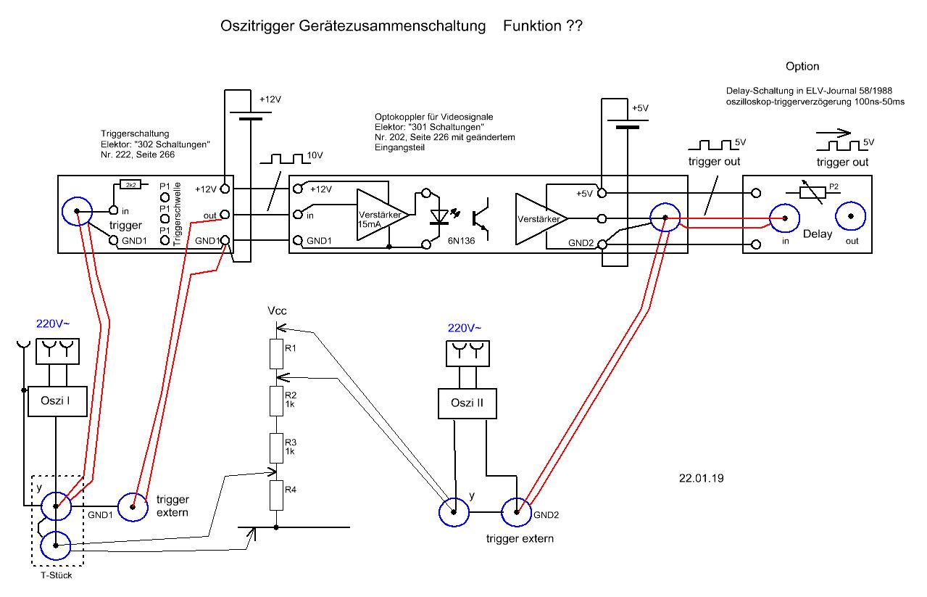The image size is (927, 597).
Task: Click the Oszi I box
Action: (x=56, y=402)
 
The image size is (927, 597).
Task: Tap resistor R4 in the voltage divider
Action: (x=275, y=496)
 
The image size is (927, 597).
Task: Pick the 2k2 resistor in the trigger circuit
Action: (x=130, y=185)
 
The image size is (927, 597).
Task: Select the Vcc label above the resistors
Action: (x=277, y=310)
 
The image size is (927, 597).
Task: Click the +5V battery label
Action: (x=639, y=107)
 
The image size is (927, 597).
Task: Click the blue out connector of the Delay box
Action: (x=851, y=217)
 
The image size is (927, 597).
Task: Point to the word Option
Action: (x=802, y=67)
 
